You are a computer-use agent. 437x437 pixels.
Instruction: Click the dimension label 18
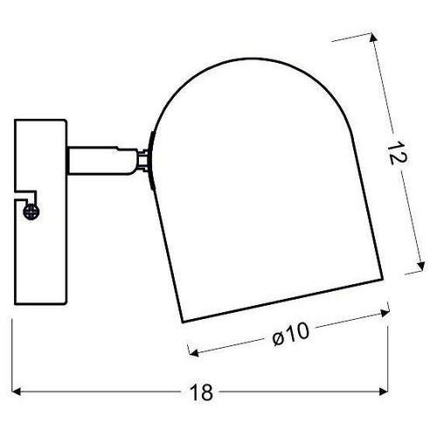(x=201, y=392)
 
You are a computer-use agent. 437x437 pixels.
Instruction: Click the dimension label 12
(x=397, y=153)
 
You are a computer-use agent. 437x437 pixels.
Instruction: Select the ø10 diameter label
(x=290, y=335)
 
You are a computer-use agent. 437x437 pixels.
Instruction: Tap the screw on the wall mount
(x=31, y=212)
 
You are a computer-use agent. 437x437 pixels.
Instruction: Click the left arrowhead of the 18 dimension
(x=17, y=392)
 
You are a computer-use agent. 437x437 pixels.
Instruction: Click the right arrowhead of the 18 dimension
(x=384, y=392)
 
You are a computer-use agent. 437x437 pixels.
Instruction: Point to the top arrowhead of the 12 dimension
(x=374, y=38)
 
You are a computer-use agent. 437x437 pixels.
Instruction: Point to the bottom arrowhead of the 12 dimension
(x=421, y=266)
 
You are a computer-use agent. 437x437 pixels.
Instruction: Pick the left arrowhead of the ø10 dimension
(x=193, y=352)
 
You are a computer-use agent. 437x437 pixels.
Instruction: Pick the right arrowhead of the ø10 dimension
(x=385, y=313)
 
